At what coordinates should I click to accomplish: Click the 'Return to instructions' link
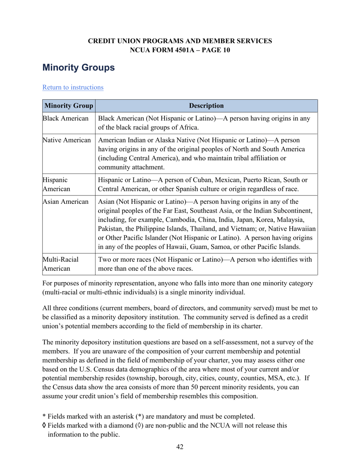click(x=73, y=88)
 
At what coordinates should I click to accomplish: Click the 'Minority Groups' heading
click(x=78, y=68)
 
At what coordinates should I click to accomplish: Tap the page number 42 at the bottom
click(x=180, y=447)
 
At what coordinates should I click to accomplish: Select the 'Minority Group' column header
click(x=69, y=106)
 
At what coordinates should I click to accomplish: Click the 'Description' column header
click(x=206, y=106)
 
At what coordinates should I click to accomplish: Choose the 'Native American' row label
click(x=67, y=141)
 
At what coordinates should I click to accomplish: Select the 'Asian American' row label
click(x=66, y=202)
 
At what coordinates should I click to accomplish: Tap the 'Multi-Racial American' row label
click(x=60, y=264)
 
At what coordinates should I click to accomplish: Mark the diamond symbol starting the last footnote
click(x=44, y=425)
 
